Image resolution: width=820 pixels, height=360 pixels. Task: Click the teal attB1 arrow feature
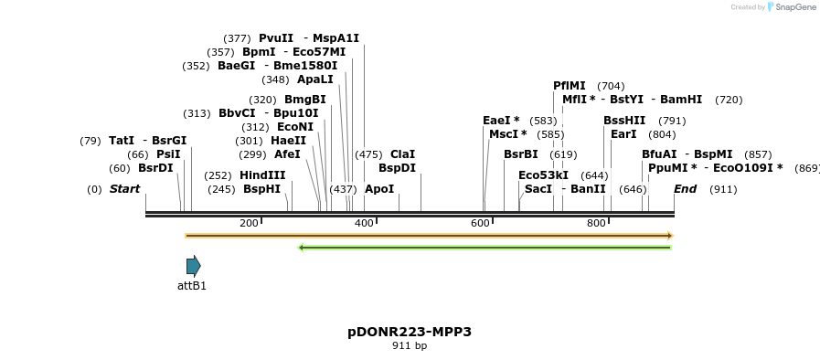(x=193, y=266)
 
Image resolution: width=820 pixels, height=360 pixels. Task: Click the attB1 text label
(x=192, y=286)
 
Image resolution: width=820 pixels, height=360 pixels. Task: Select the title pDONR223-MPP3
(x=410, y=332)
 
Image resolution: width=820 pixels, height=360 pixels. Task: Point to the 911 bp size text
(x=410, y=346)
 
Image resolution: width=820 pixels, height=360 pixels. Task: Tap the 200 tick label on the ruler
(x=249, y=224)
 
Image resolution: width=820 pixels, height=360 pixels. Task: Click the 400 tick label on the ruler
(x=364, y=224)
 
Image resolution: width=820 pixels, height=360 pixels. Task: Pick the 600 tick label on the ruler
(x=480, y=224)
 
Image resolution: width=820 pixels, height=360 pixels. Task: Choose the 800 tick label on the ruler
(x=596, y=224)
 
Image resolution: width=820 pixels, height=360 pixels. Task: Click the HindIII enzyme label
(x=262, y=175)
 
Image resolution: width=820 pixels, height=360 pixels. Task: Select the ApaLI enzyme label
(x=315, y=79)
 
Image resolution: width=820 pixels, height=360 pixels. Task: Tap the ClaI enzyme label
(x=402, y=154)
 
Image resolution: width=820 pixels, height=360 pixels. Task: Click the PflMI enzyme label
(x=570, y=86)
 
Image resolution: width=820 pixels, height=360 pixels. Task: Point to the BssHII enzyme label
(x=624, y=121)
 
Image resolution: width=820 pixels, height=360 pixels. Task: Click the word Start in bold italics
(x=125, y=189)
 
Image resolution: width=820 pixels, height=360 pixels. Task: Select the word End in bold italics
(x=686, y=189)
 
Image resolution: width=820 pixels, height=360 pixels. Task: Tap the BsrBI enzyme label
(x=521, y=154)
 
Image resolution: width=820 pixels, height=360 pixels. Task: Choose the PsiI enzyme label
(x=168, y=154)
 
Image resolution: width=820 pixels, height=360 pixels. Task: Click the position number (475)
(x=368, y=154)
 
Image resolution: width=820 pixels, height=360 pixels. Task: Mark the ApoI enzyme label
(x=379, y=189)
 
